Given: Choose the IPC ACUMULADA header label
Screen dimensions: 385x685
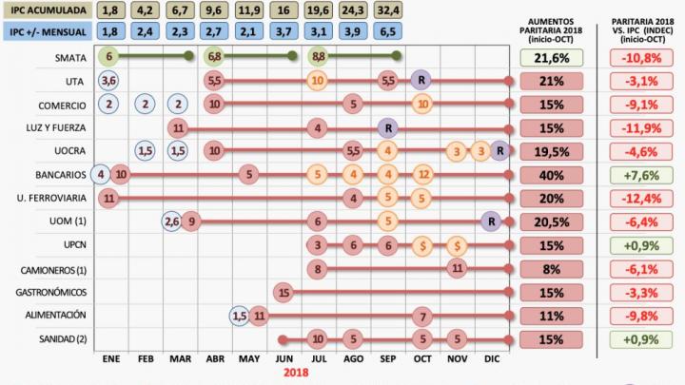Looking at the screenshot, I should (x=47, y=10).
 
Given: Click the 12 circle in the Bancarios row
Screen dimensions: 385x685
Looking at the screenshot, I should (x=423, y=174).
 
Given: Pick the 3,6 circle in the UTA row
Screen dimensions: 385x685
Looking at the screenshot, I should (x=108, y=81).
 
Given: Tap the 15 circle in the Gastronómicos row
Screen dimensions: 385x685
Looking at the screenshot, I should (x=283, y=291).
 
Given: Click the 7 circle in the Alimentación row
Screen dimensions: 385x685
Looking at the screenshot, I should (x=422, y=315).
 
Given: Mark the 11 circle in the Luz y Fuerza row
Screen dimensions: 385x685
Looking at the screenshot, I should (x=178, y=127).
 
